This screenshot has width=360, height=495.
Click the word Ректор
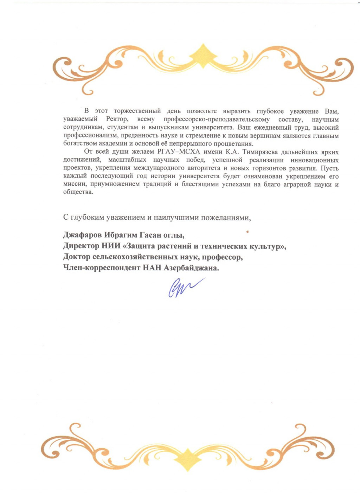[117, 119]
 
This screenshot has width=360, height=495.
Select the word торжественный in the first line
[137, 111]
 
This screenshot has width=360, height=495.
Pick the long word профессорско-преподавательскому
[217, 119]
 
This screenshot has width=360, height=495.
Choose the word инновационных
[315, 160]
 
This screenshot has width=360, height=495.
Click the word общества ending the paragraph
[78, 192]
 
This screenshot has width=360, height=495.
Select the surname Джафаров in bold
[83, 234]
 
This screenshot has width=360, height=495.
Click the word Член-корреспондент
[102, 268]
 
